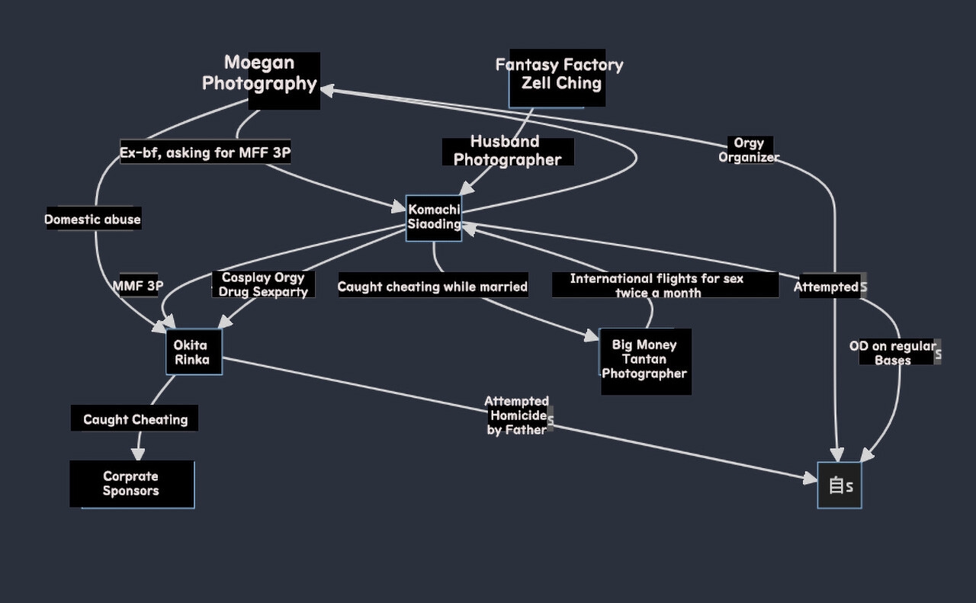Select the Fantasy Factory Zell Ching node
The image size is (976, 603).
[x=559, y=75]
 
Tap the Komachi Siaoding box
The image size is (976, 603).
[x=434, y=217]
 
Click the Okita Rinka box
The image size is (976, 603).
[x=194, y=352]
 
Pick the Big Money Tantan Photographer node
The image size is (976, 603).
[x=645, y=360]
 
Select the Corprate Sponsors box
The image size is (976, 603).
[x=132, y=484]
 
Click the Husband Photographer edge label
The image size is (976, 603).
[x=508, y=151]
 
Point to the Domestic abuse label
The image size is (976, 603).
[x=93, y=220]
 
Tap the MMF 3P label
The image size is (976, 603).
[x=137, y=287]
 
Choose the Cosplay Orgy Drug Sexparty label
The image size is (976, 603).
[x=263, y=284]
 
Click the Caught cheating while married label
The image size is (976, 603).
[x=432, y=287]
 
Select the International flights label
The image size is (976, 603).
[x=657, y=285]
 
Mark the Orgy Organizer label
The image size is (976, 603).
[x=748, y=150]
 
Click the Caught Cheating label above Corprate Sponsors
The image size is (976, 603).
[x=135, y=419]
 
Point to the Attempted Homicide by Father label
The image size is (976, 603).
[x=517, y=415]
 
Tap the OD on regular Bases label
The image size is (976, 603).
[x=893, y=353]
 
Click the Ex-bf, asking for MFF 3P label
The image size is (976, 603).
[x=205, y=153]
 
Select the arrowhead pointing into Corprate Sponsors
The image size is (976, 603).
[x=139, y=454]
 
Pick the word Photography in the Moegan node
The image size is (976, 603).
[x=259, y=84]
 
